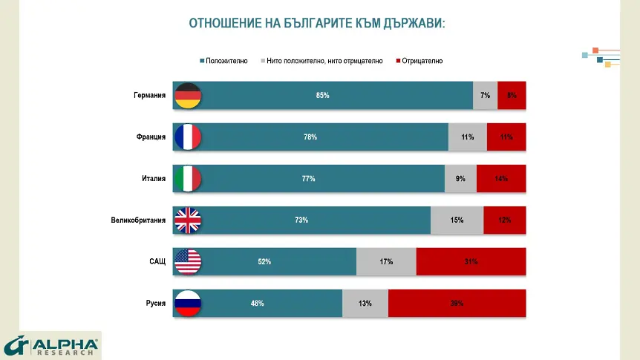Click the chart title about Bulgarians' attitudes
pos(317,23)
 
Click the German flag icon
pos(188,96)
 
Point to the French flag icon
pos(188,137)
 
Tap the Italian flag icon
pos(188,179)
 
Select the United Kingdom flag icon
pos(188,220)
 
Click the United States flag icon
pos(188,262)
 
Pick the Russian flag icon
pos(188,304)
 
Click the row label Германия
pos(149,96)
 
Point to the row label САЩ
pos(157,262)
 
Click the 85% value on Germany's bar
pos(322,96)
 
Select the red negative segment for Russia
pos(457,304)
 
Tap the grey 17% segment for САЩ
pos(386,262)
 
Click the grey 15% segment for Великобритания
pos(457,220)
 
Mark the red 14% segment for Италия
pos(501,179)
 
